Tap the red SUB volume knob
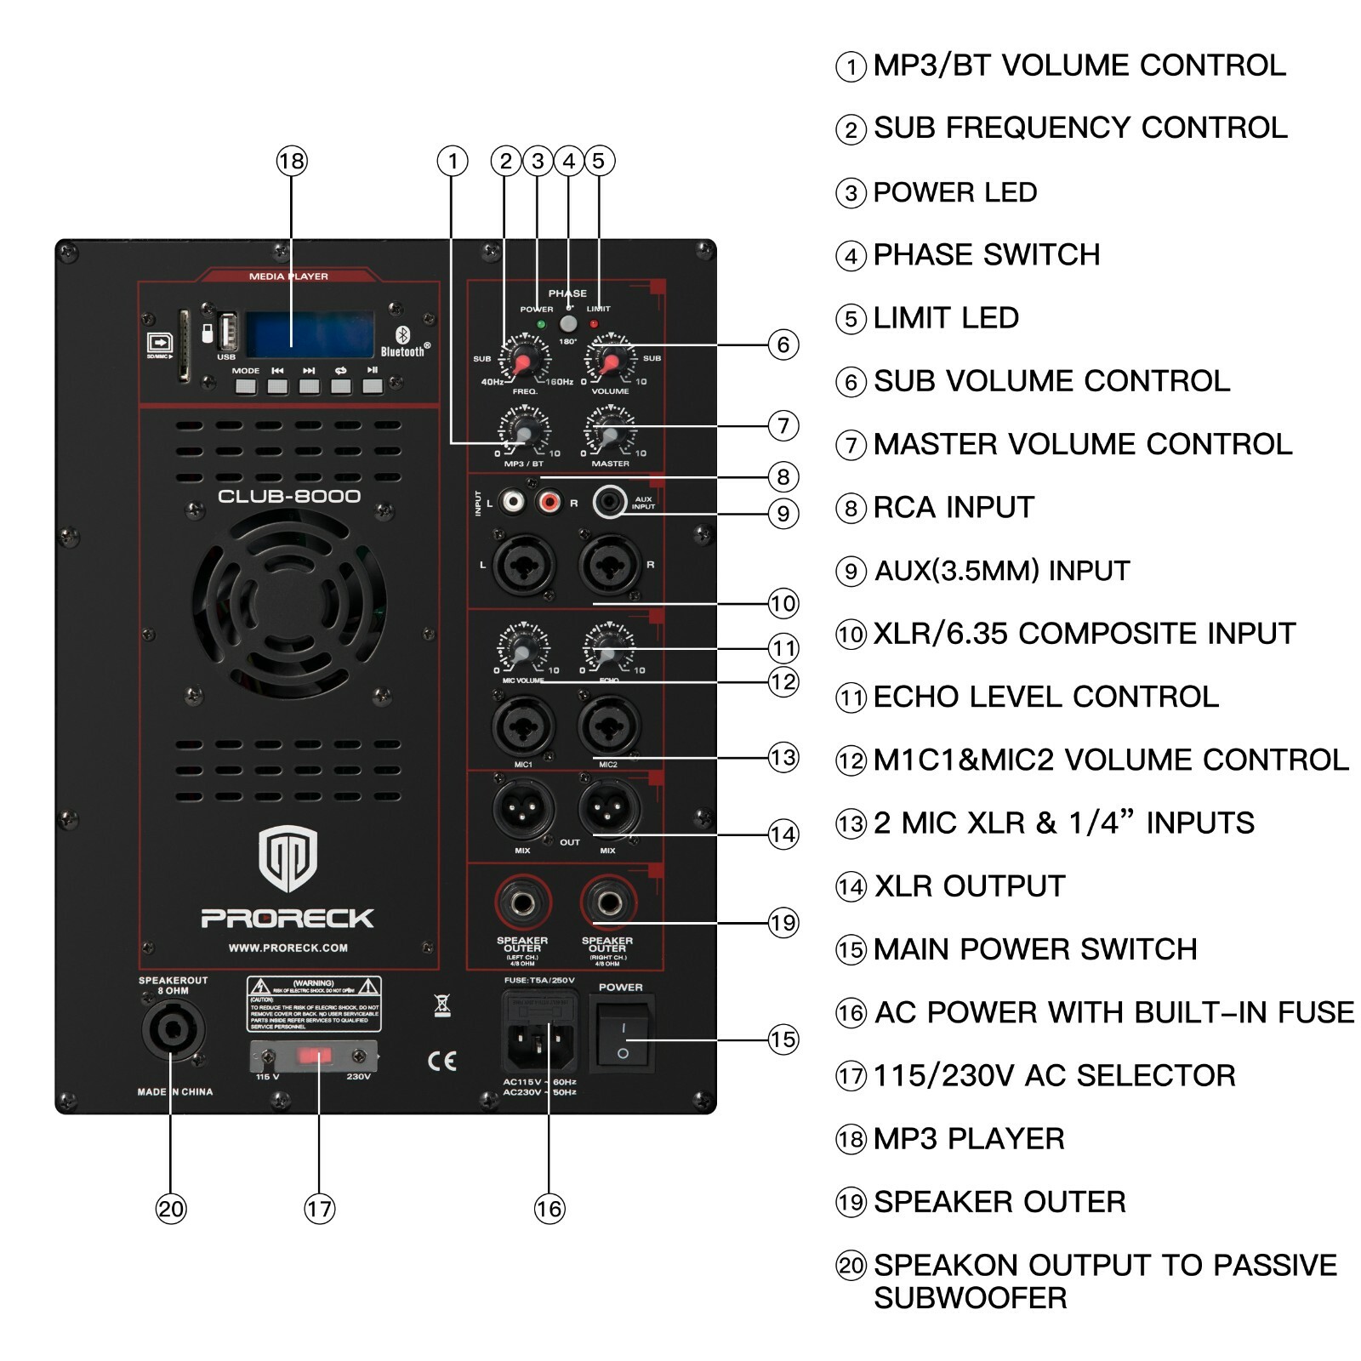609,362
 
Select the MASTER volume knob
609,435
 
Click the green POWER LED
541,324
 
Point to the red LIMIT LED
594,324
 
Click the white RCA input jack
513,502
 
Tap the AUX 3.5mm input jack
609,502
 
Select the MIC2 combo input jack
608,726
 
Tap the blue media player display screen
310,334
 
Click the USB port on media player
227,333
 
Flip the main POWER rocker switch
623,1038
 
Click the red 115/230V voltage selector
314,1056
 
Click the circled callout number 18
291,161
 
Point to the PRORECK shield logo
288,857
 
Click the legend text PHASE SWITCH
986,254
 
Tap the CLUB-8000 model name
289,496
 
